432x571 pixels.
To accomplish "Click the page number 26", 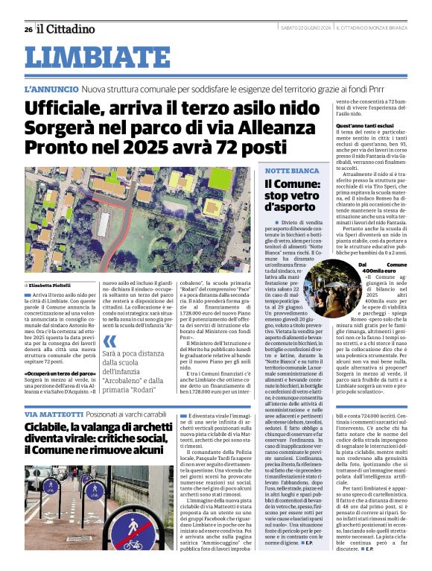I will [x=28, y=29].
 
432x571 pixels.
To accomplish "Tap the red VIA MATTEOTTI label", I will [x=54, y=414].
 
